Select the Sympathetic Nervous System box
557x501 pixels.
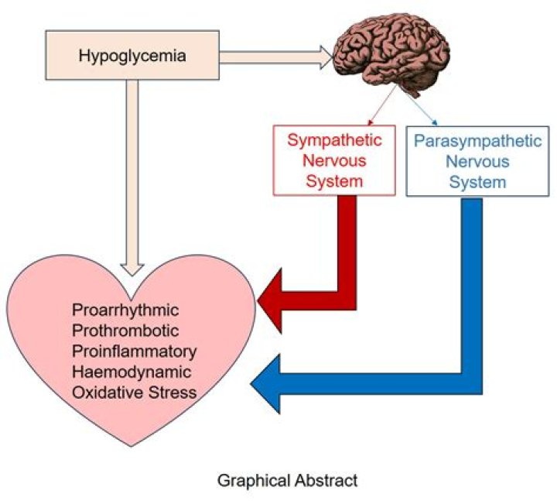coord(325,161)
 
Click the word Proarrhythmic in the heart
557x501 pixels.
coord(125,311)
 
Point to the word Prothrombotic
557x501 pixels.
coord(125,331)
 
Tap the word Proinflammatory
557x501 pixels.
coord(134,351)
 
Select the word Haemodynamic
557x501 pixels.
coord(129,371)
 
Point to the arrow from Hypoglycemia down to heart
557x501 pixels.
coord(132,178)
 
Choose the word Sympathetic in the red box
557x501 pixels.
coord(325,141)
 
